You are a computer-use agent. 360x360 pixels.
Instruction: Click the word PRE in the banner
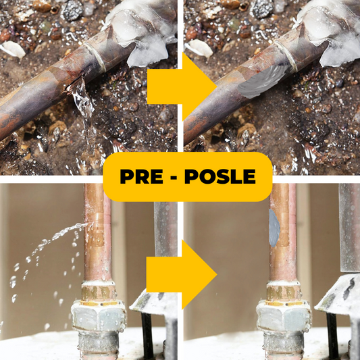[x=141, y=176]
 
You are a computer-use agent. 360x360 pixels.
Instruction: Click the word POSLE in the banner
[x=220, y=176]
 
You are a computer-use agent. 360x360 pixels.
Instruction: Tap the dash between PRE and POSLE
[x=174, y=178]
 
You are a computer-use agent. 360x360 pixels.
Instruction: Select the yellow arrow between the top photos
[x=182, y=86]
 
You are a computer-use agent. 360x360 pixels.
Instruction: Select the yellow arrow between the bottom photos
[x=182, y=274]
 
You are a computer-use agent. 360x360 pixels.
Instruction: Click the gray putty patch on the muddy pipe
[x=263, y=82]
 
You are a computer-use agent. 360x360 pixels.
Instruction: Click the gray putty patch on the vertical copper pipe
[x=274, y=228]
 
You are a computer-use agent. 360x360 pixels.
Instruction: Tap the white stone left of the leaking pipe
[x=14, y=49]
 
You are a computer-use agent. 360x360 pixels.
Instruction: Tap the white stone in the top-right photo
[x=199, y=49]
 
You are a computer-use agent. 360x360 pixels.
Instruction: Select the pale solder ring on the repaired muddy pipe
[x=286, y=55]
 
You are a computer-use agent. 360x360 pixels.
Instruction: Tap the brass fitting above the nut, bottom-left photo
[x=98, y=290]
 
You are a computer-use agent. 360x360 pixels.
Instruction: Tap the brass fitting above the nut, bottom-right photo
[x=283, y=290]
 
